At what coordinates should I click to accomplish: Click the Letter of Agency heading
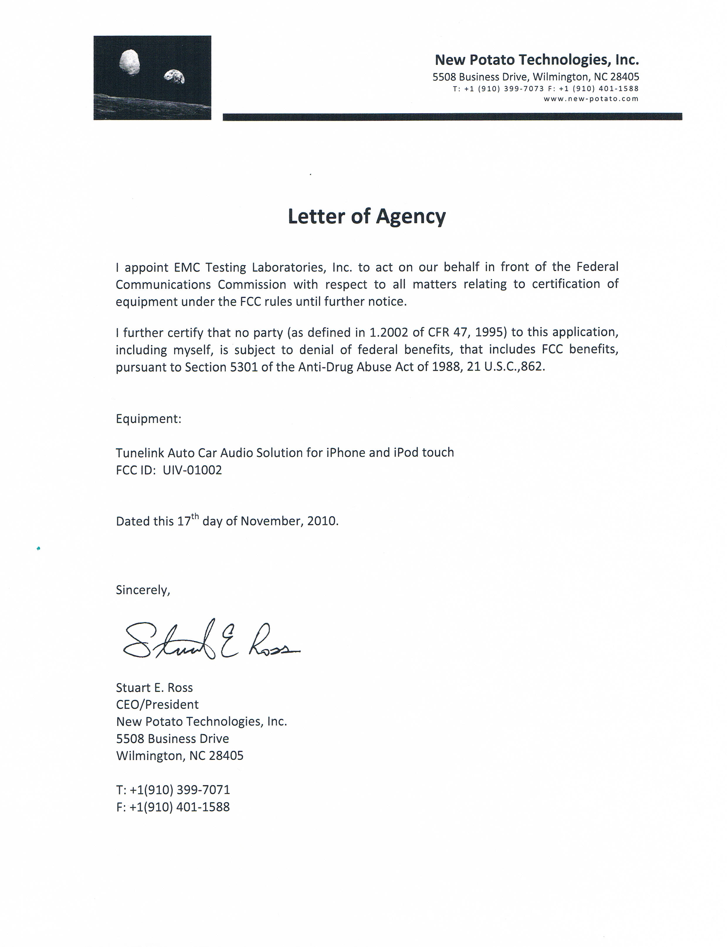(x=367, y=216)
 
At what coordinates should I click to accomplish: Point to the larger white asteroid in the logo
(x=129, y=62)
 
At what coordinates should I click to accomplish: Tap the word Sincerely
(x=143, y=590)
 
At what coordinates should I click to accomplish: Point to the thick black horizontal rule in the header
(x=452, y=116)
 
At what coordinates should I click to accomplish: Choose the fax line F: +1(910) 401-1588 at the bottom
(x=173, y=807)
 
